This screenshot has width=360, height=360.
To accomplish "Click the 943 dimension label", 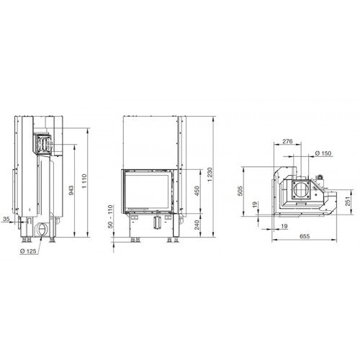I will pos(69,189).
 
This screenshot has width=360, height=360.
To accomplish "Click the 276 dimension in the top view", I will pos(287,142).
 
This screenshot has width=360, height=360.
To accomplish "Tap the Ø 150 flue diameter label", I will pos(324,153).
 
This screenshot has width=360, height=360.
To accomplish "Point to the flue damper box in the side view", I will pos(42,144).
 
